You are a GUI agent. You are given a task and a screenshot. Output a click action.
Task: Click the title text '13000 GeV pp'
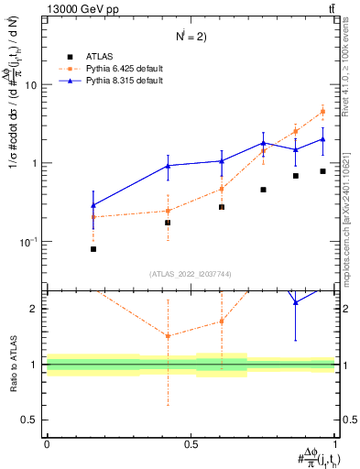click(x=80, y=9)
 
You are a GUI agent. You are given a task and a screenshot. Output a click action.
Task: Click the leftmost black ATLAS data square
click(x=93, y=249)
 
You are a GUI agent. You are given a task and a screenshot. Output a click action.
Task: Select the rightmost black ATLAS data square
click(x=322, y=171)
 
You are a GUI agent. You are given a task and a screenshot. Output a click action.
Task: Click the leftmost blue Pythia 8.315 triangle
click(x=93, y=206)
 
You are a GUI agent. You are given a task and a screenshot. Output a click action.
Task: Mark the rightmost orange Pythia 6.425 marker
click(x=322, y=112)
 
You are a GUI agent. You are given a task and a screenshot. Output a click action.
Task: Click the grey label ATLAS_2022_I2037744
click(x=191, y=274)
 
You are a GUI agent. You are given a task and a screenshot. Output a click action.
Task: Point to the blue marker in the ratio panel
click(x=295, y=302)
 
